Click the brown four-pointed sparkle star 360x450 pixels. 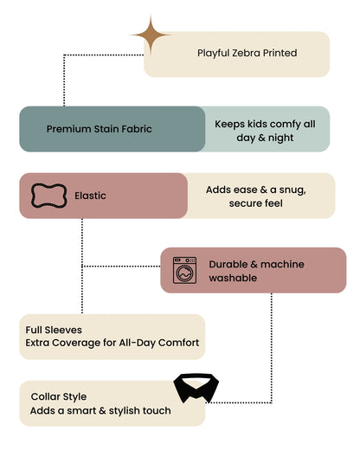[x=151, y=35]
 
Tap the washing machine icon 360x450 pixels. [x=184, y=270]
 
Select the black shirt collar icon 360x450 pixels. [x=196, y=388]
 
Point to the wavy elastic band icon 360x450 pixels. [x=48, y=196]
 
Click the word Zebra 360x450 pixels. [x=246, y=53]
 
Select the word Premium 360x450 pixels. [x=66, y=129]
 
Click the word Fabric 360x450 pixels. [x=137, y=129]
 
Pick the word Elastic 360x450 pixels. [x=90, y=196]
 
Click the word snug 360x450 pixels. [x=292, y=190]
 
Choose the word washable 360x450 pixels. [x=233, y=278]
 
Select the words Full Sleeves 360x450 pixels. [x=54, y=330]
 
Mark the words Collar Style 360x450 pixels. [x=59, y=397]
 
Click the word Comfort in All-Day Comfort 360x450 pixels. [x=178, y=343]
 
